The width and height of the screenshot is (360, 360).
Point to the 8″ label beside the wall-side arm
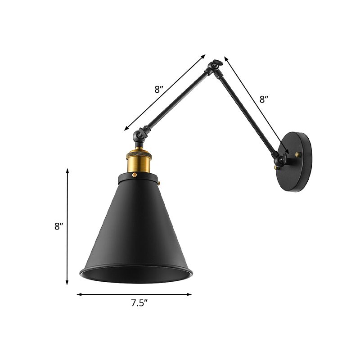click(264, 99)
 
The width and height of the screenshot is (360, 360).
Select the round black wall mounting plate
click(297, 161)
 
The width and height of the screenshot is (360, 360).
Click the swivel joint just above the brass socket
click(141, 134)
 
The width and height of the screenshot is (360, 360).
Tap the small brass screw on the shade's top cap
click(160, 183)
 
